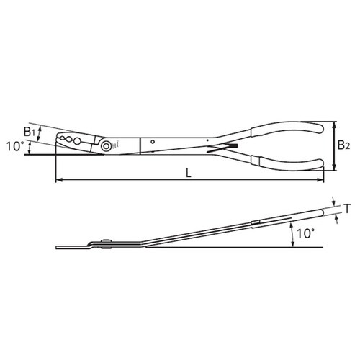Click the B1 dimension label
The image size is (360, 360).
click(28, 132)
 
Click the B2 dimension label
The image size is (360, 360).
click(343, 145)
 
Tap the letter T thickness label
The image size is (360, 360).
click(348, 210)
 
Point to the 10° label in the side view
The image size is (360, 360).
click(305, 233)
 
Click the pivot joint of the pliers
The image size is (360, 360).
click(106, 145)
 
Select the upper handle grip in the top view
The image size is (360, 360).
click(288, 129)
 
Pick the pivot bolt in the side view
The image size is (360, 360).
click(105, 243)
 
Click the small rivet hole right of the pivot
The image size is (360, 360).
click(152, 143)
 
